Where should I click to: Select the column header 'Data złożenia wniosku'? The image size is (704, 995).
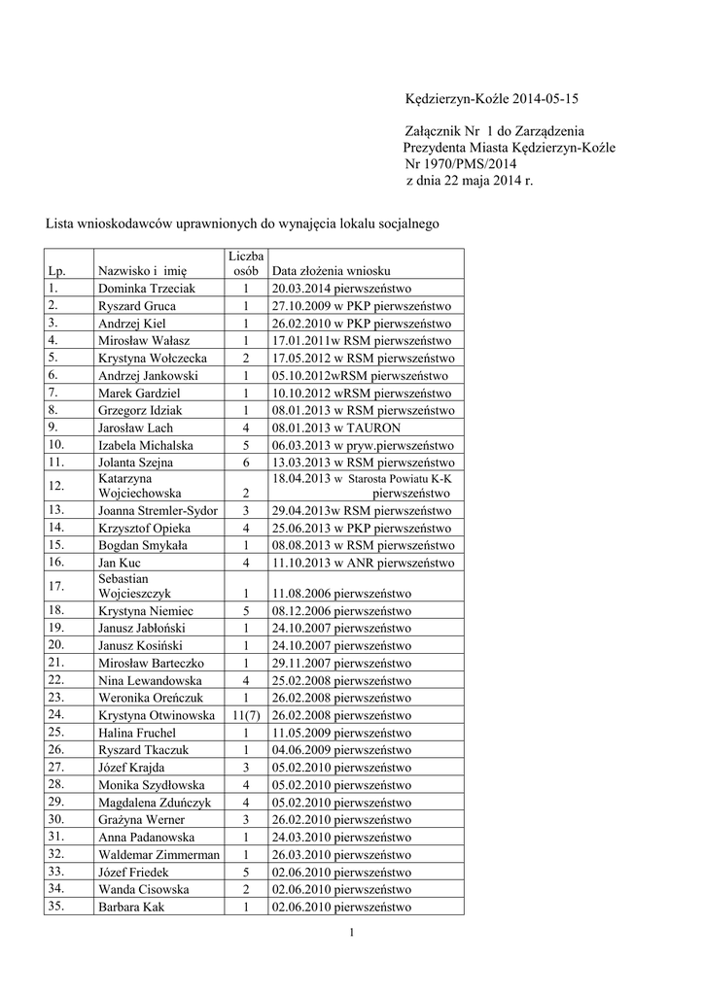coord(331,270)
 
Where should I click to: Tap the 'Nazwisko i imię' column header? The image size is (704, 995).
coord(142,270)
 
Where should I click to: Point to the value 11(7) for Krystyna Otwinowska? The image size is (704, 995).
coord(246,715)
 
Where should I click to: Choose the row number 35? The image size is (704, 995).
coord(54,906)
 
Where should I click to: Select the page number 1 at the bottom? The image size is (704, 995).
coord(352,934)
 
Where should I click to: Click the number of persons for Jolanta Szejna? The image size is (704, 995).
coord(246,462)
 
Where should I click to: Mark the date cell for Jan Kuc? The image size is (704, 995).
coord(361,563)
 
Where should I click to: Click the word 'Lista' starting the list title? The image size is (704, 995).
coord(61,223)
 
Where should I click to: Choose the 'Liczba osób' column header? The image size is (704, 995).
coord(246,262)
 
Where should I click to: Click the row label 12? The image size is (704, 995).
coord(54,485)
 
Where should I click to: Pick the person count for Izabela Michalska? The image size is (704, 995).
coord(246,444)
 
